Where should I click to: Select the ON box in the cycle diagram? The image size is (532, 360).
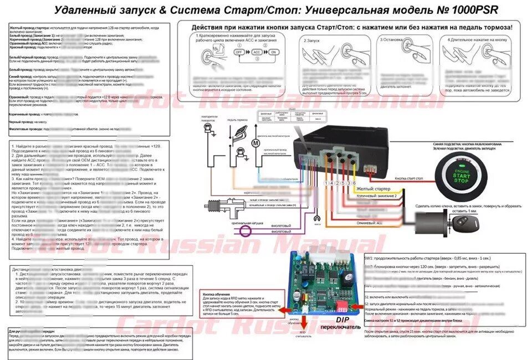click(274, 51)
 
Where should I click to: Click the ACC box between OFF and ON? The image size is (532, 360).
click(256, 51)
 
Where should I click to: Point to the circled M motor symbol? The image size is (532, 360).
click(255, 143)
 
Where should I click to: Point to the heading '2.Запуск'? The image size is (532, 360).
click(313, 40)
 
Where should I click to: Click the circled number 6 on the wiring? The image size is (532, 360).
click(353, 183)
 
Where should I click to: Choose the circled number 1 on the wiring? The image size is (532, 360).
click(326, 183)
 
